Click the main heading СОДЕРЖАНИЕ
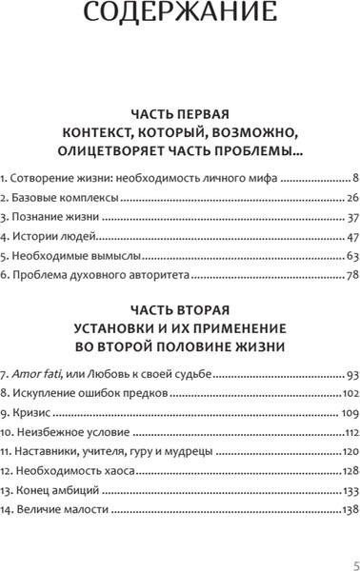179,17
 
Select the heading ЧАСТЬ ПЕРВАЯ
180,109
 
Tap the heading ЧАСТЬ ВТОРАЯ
180,309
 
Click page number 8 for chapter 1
353,178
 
